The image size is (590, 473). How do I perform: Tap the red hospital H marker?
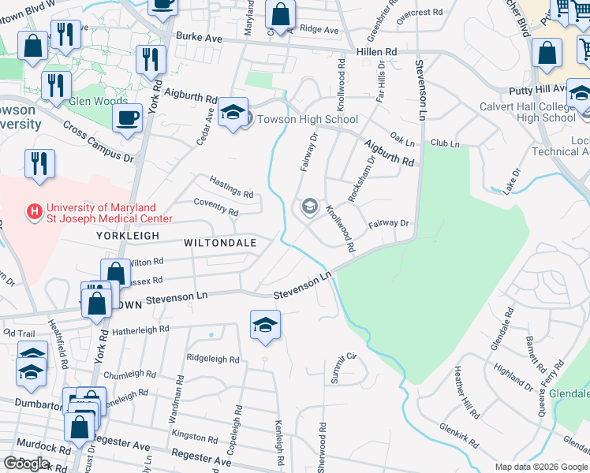pos(34,211)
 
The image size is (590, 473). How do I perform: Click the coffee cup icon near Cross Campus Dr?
pos(126,119)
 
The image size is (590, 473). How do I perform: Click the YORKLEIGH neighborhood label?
pos(128,236)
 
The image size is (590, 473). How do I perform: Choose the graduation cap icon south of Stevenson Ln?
pos(265,324)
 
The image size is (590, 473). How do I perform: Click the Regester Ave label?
pos(200,456)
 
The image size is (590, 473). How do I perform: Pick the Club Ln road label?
pos(445,143)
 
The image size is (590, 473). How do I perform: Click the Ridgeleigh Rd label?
pos(212,359)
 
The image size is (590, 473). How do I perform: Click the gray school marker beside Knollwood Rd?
pos(309,207)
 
